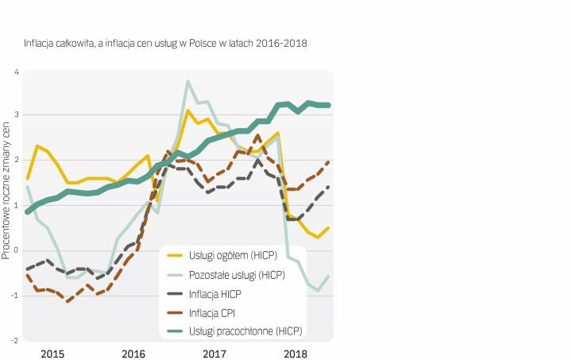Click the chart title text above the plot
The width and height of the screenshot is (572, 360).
pyautogui.click(x=165, y=42)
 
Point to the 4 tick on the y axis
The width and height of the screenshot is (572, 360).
pyautogui.click(x=17, y=72)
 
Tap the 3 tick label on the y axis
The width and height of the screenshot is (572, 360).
pyautogui.click(x=17, y=117)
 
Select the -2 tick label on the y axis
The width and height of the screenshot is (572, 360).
pyautogui.click(x=15, y=340)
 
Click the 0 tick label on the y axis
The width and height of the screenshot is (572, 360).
pyautogui.click(x=17, y=251)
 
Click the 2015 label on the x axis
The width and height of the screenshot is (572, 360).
pyautogui.click(x=52, y=352)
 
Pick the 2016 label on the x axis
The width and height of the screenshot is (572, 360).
pyautogui.click(x=133, y=352)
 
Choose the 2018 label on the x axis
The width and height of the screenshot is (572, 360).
pyautogui.click(x=296, y=352)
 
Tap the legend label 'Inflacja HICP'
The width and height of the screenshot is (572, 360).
pyautogui.click(x=216, y=293)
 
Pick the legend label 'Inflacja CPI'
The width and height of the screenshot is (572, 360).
pyautogui.click(x=213, y=312)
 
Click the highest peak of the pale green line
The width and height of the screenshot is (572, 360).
pyautogui.click(x=187, y=81)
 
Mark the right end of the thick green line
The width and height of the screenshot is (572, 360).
pyautogui.click(x=329, y=105)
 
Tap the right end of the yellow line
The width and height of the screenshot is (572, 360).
pyautogui.click(x=329, y=228)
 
